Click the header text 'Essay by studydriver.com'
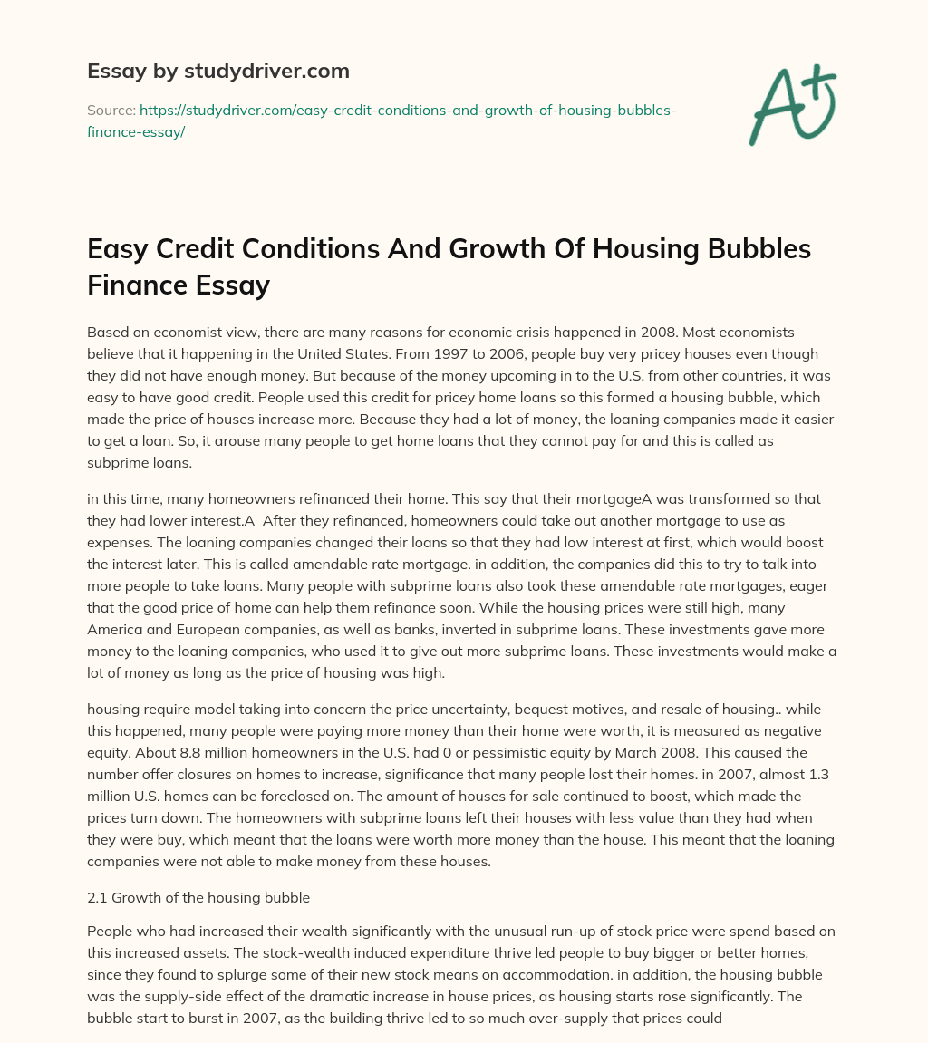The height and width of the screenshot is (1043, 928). (x=217, y=71)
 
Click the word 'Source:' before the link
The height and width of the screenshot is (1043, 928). (x=110, y=110)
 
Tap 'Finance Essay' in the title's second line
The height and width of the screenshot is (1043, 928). (x=179, y=285)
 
